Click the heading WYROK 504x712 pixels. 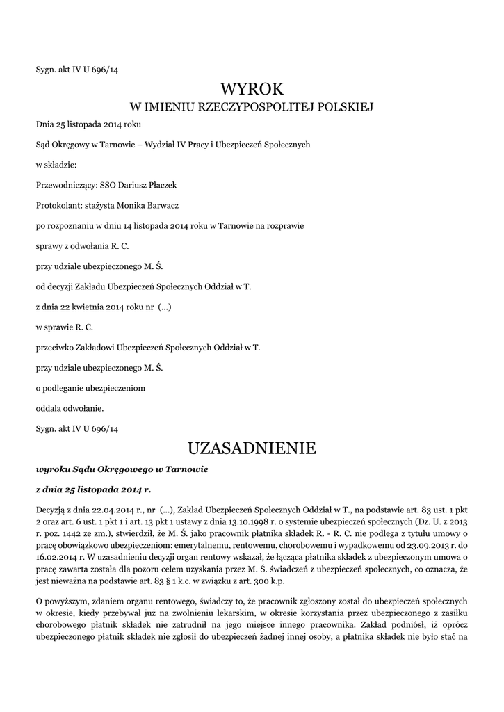(252, 89)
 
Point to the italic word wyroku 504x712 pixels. (51, 469)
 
